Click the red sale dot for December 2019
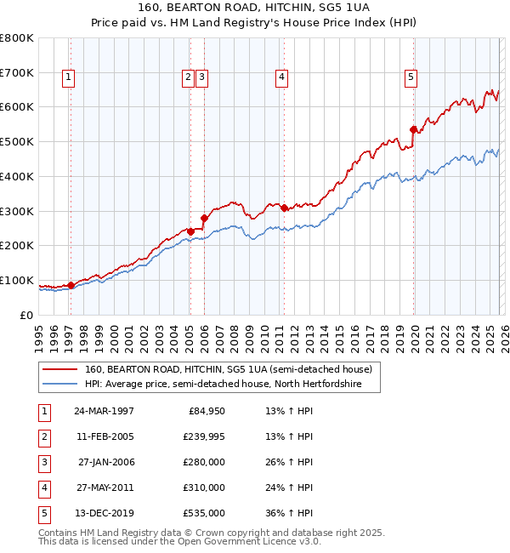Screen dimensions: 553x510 pyautogui.click(x=414, y=130)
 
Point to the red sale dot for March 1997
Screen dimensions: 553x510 pyautogui.click(x=71, y=285)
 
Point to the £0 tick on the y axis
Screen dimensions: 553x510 pyautogui.click(x=27, y=315)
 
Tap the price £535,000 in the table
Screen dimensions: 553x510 pyautogui.click(x=203, y=513)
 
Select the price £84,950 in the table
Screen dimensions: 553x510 pyautogui.click(x=206, y=411)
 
